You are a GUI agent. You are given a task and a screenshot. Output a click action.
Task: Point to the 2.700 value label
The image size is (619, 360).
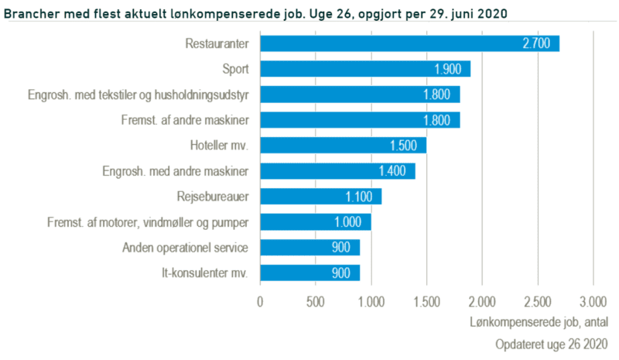(x=536, y=43)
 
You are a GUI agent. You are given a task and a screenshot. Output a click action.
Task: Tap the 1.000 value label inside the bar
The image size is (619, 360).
(x=347, y=222)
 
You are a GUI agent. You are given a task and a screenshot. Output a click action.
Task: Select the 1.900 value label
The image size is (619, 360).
(x=447, y=69)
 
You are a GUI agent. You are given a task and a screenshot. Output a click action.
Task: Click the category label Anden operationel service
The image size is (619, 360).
(x=185, y=248)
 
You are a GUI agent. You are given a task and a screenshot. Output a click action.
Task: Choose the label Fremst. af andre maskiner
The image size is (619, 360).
(x=185, y=120)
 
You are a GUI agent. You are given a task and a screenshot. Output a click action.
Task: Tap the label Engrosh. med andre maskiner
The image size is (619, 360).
(x=176, y=171)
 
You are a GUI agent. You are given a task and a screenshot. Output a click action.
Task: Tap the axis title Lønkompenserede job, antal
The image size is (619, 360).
(x=539, y=321)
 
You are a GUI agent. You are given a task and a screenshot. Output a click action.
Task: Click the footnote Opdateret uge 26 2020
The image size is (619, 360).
(x=551, y=342)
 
